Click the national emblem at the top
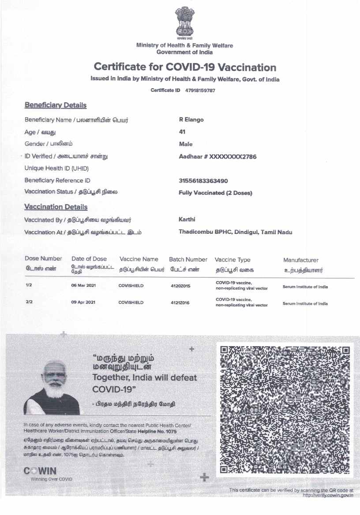click(184, 23)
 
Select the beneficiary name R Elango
click(191, 120)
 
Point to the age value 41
click(182, 132)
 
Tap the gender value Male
click(186, 144)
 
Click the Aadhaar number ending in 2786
click(217, 157)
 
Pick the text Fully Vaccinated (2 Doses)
click(215, 193)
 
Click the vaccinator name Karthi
click(187, 220)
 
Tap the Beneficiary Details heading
click(56, 105)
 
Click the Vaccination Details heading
click(56, 207)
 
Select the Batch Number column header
click(188, 260)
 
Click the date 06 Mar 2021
click(83, 286)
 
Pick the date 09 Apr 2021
click(83, 302)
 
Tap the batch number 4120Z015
click(180, 286)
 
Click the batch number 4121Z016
click(180, 302)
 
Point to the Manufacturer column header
click(300, 261)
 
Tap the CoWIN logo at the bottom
click(40, 471)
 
